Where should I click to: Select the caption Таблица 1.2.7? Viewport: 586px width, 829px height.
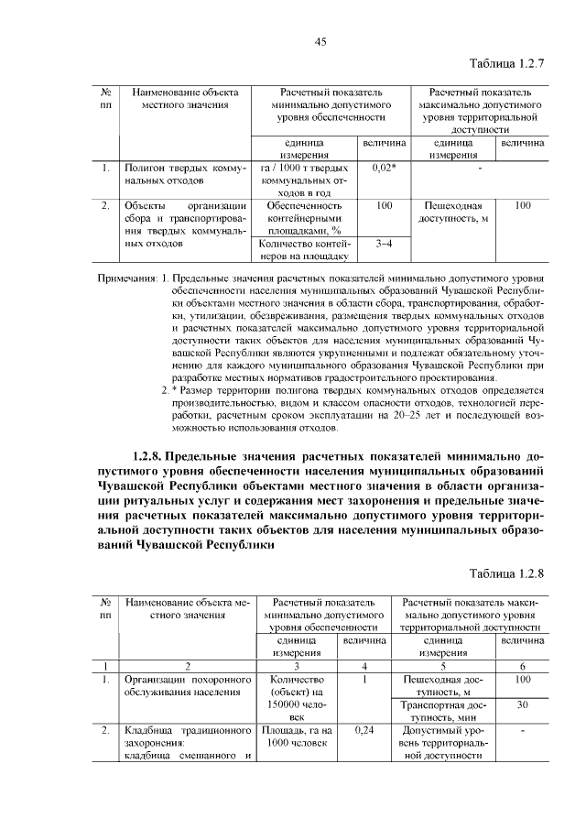pyautogui.click(x=506, y=64)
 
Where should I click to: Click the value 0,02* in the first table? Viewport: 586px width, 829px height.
pyautogui.click(x=384, y=169)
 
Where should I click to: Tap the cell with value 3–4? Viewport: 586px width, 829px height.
pyautogui.click(x=384, y=245)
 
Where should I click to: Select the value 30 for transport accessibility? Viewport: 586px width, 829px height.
pyautogui.click(x=521, y=704)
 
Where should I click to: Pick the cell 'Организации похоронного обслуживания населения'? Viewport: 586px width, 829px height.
pyautogui.click(x=187, y=685)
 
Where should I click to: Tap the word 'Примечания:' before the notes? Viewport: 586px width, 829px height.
pyautogui.click(x=127, y=277)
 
